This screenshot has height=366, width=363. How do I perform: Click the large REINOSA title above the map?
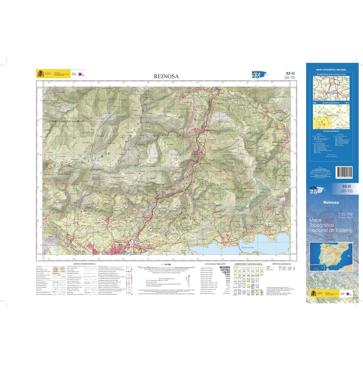click(166, 77)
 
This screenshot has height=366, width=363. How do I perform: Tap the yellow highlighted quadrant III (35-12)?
click(319, 123)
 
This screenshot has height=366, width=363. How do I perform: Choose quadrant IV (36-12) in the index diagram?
click(339, 123)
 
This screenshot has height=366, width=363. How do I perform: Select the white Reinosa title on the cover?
click(331, 202)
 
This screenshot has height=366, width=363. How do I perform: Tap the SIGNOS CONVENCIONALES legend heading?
click(82, 264)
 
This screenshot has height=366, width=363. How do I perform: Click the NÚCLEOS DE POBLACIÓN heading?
click(215, 264)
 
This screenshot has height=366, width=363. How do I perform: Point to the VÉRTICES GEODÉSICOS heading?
click(281, 264)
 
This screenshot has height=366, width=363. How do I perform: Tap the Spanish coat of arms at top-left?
click(40, 74)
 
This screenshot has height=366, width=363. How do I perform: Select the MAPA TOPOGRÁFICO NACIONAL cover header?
click(331, 70)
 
